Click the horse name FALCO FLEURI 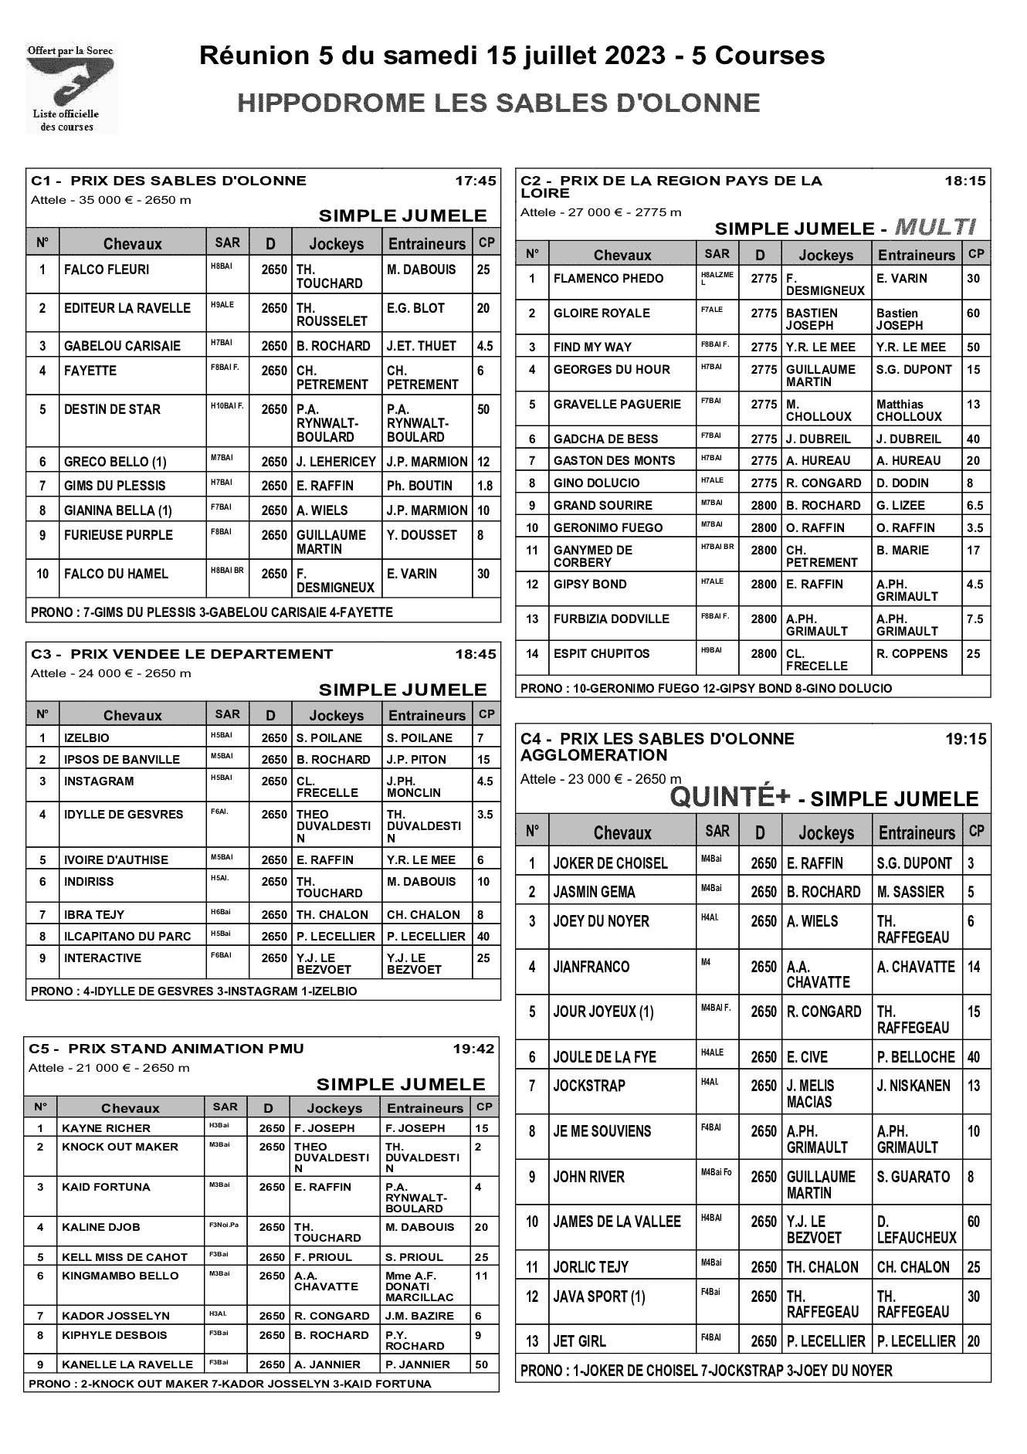pos(107,269)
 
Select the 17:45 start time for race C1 pos(476,181)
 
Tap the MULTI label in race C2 pos(935,227)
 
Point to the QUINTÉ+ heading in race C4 pos(730,797)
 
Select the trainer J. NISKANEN pos(913,1086)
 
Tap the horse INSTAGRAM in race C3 pos(99,781)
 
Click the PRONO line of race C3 pos(194,991)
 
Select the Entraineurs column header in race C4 pos(917,832)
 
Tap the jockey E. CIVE pos(807,1057)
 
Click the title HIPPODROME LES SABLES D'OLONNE pos(498,103)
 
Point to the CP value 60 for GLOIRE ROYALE pos(973,313)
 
